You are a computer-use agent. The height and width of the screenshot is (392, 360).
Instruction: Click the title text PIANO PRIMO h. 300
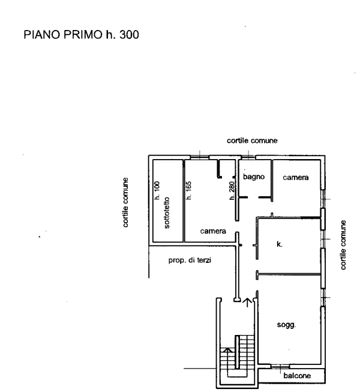(x=81, y=34)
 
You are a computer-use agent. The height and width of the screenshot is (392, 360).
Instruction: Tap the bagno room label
(x=254, y=176)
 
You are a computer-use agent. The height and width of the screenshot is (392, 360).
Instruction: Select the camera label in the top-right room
(x=296, y=178)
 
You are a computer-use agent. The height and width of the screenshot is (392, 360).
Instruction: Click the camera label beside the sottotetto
(x=213, y=231)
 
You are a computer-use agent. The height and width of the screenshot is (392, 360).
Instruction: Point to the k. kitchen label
(x=280, y=244)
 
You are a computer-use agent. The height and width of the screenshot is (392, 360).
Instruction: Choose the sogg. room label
(x=286, y=325)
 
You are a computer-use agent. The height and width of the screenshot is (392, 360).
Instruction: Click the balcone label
(x=297, y=376)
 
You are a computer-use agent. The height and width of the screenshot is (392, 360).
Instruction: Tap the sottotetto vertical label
(x=167, y=213)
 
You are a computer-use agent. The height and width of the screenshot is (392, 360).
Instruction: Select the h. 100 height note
(x=157, y=190)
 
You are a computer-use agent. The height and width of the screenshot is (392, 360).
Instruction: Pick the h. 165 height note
(x=188, y=190)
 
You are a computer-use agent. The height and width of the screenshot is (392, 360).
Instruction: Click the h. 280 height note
(x=232, y=191)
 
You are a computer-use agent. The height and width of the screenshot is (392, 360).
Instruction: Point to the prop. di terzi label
(x=190, y=261)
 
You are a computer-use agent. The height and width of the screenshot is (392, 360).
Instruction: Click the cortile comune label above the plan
(x=252, y=140)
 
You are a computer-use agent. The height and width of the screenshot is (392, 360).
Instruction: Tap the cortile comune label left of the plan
(x=125, y=202)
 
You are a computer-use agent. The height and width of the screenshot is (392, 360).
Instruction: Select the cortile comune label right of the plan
(x=343, y=245)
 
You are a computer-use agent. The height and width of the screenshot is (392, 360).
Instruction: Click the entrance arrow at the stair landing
(x=247, y=302)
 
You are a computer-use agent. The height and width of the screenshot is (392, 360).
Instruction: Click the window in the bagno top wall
(x=248, y=157)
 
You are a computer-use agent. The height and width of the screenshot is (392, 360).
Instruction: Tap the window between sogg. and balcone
(x=280, y=366)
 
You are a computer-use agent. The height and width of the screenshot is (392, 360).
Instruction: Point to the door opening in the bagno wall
(x=253, y=198)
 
